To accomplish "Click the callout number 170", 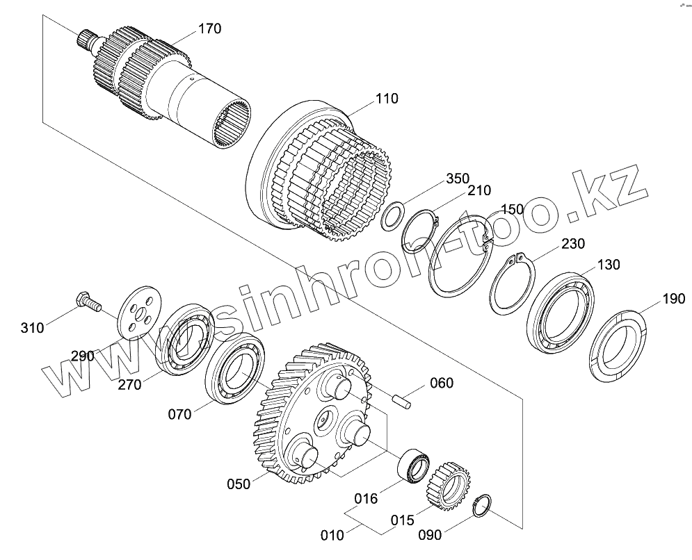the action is point(209,28).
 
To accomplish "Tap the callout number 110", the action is point(387,98).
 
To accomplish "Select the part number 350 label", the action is point(457,178).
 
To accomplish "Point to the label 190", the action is point(673,299).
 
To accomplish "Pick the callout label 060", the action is point(441,383).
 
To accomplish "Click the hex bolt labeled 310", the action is point(86,301).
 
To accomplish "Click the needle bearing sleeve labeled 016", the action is point(415,464).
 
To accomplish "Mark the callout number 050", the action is point(239,484).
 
